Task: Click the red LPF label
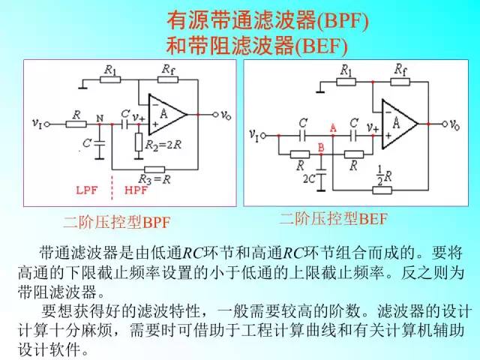pos(87,190)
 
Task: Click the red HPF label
pos(136,190)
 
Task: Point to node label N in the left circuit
pos(100,118)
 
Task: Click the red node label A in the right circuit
pos(332,129)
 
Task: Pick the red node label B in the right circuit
pos(320,147)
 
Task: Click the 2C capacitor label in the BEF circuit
pos(308,180)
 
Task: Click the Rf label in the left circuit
pos(167,69)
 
